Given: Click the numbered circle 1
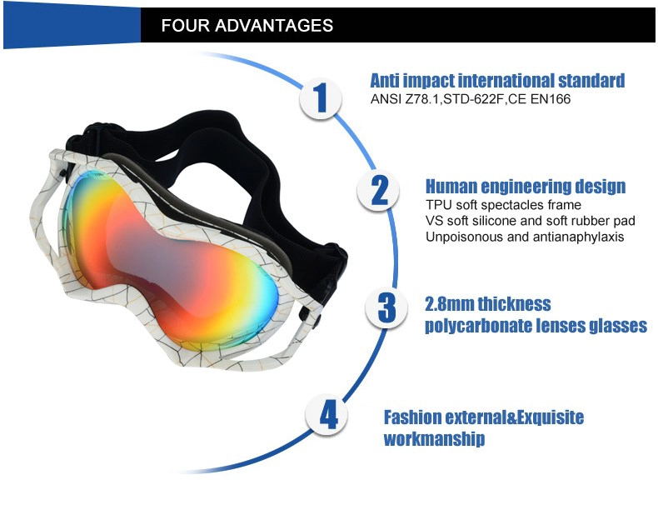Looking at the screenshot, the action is tap(321, 98).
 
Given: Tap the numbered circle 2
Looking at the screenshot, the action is tap(378, 191).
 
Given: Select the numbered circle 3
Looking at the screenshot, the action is tap(386, 307).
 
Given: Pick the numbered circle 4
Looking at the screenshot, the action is tap(327, 416).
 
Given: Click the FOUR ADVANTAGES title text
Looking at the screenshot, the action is tap(247, 26).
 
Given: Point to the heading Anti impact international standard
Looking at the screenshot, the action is tap(497, 80).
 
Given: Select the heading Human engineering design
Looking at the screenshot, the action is tap(526, 186).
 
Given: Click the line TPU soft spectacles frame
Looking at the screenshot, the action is tap(503, 205).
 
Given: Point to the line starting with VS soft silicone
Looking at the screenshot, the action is tap(530, 221).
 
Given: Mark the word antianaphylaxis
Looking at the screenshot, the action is tap(578, 237).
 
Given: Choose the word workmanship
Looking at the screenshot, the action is tap(434, 439).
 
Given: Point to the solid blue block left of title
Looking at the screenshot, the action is tap(72, 26).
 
